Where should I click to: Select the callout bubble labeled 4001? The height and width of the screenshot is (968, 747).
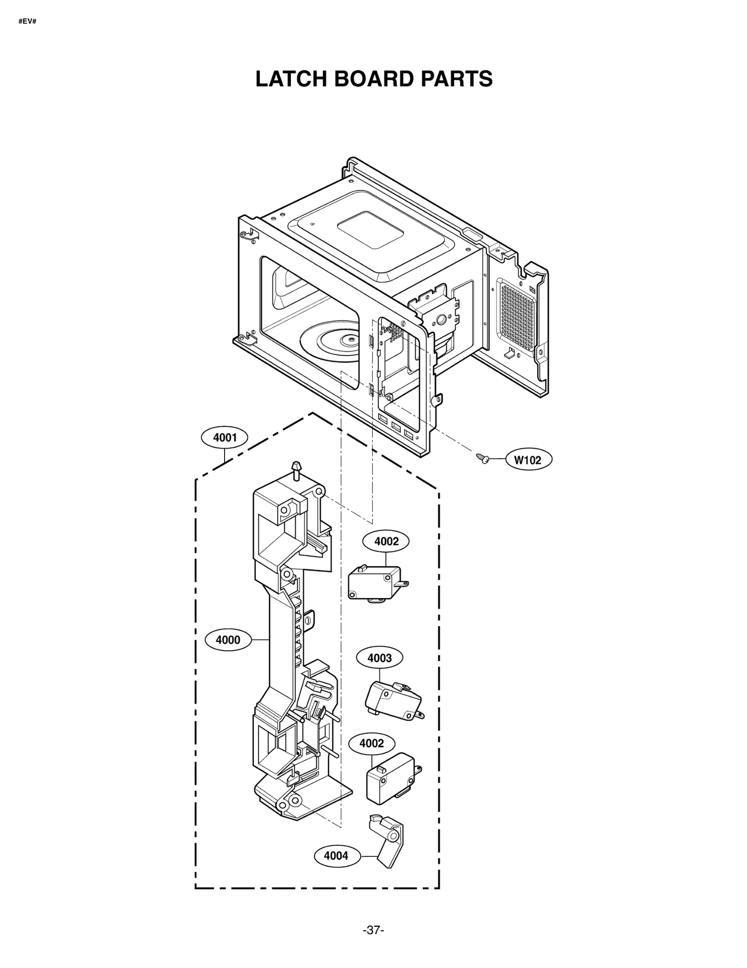coord(225,438)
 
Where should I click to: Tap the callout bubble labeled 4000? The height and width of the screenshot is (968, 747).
coord(227,640)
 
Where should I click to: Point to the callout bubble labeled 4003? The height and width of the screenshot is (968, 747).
coord(379,658)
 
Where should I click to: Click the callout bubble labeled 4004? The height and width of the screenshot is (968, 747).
coord(336,855)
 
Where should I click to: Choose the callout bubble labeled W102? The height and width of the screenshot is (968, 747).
coord(528,460)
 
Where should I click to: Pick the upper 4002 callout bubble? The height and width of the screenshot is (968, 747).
coord(386,541)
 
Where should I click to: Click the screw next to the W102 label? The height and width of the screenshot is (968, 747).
coord(482,458)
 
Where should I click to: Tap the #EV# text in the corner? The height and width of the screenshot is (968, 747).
coord(28,21)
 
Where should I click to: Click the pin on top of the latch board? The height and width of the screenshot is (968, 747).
coord(295,469)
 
